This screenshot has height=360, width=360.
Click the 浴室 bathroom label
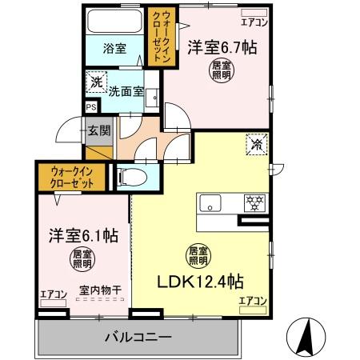point(114,48)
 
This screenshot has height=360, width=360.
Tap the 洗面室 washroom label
point(128,91)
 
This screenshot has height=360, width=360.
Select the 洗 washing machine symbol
point(95,82)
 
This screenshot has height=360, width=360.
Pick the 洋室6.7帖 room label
point(222,47)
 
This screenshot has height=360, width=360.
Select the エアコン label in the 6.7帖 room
point(255,23)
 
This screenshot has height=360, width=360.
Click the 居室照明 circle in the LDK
point(198,254)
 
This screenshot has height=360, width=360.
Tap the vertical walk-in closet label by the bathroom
point(162,37)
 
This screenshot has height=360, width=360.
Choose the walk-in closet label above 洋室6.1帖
point(65,176)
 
